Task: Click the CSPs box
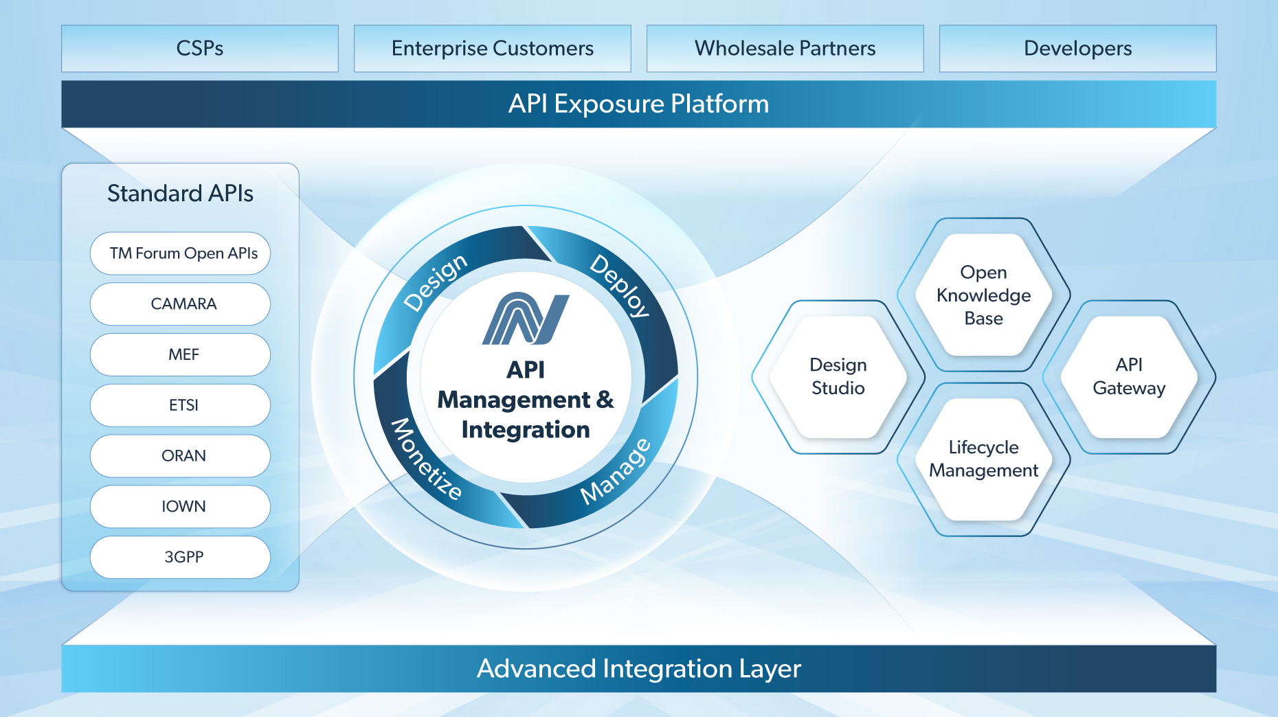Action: pyautogui.click(x=200, y=49)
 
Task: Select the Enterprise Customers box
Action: pyautogui.click(x=493, y=49)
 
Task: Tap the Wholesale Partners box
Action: pyautogui.click(x=785, y=49)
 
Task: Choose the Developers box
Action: pyautogui.click(x=1077, y=49)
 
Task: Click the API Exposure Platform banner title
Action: pyautogui.click(x=638, y=104)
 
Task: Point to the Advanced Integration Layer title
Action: pyautogui.click(x=638, y=668)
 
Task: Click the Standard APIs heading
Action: pyautogui.click(x=180, y=194)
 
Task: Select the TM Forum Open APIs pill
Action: pyautogui.click(x=181, y=253)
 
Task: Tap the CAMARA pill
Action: pyautogui.click(x=181, y=304)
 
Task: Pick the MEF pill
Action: pyautogui.click(x=181, y=355)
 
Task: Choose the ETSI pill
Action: pyautogui.click(x=181, y=405)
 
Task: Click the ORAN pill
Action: pyautogui.click(x=181, y=456)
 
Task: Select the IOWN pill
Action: pyautogui.click(x=181, y=507)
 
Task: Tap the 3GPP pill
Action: pyautogui.click(x=181, y=557)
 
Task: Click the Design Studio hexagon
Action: pyautogui.click(x=838, y=377)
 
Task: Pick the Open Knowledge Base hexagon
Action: pyautogui.click(x=984, y=295)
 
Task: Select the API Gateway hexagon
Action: pyautogui.click(x=1129, y=377)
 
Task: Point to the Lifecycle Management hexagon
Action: pyautogui.click(x=984, y=459)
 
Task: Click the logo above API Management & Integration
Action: pyautogui.click(x=526, y=319)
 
